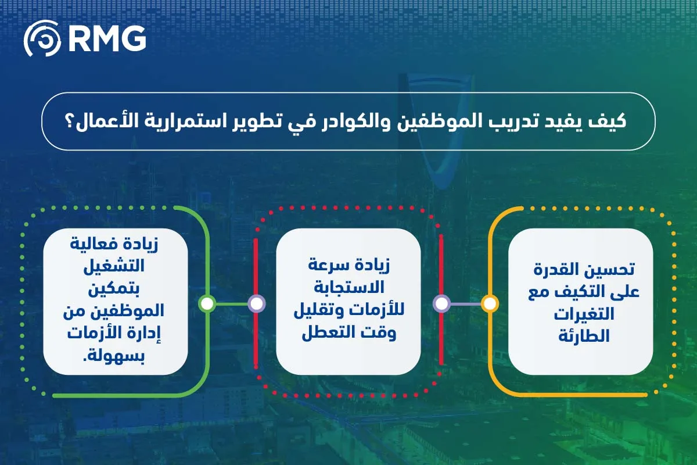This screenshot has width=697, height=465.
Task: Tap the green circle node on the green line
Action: (207, 303)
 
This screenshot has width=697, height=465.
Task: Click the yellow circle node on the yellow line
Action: (490, 303)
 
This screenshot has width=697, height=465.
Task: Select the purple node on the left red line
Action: (256, 303)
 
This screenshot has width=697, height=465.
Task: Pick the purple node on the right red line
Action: (441, 303)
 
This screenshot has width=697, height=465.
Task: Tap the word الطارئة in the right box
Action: (581, 335)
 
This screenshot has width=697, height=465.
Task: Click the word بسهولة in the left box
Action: (116, 354)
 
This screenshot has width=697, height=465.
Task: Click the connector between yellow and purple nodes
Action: (465, 303)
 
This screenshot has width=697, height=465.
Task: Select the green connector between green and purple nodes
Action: (231, 303)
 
